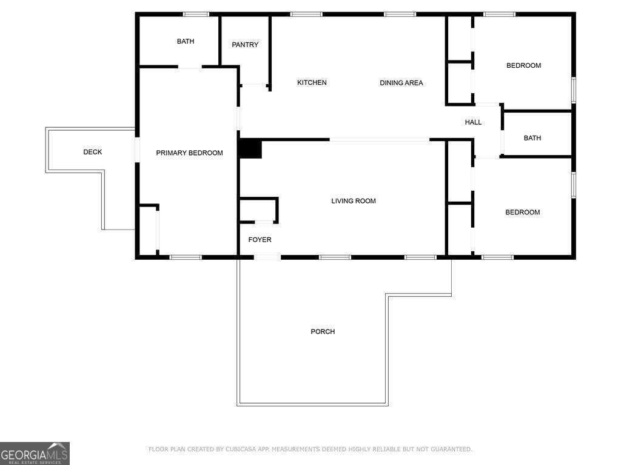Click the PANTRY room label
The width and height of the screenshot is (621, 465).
click(245, 45)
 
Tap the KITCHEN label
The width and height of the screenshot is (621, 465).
click(312, 83)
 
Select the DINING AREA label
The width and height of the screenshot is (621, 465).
click(401, 83)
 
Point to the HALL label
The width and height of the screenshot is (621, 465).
click(473, 122)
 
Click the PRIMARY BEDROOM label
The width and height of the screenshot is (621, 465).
click(189, 153)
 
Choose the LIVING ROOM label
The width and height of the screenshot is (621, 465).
click(354, 201)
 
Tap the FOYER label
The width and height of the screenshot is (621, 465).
click(260, 240)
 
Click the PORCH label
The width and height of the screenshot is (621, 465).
click(323, 332)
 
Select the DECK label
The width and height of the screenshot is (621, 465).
click(93, 152)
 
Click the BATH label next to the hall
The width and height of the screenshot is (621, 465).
click(532, 138)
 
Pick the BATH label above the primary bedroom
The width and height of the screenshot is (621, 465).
click(186, 42)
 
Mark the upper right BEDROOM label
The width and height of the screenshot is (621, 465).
click(523, 65)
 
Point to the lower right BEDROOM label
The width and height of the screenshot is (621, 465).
click(523, 213)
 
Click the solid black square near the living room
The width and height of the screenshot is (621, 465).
click(250, 149)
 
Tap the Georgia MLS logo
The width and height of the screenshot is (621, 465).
click(35, 453)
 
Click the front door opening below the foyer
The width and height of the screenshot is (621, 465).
click(267, 257)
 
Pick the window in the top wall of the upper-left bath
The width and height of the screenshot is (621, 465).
click(196, 15)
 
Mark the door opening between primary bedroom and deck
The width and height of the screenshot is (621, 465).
click(137, 150)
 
